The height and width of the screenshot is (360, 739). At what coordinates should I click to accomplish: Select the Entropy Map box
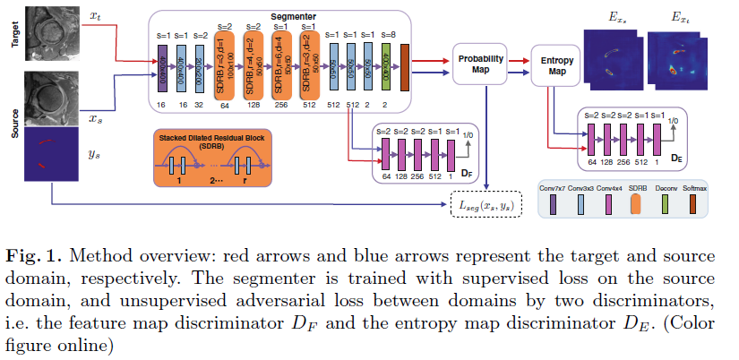[x=557, y=64]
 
